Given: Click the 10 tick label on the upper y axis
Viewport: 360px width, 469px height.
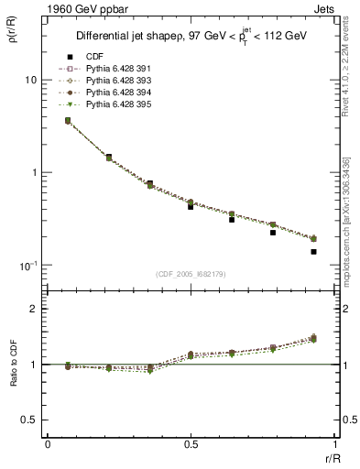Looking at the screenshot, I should coord(30,80).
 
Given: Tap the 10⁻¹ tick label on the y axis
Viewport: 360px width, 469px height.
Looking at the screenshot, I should coord(27,266).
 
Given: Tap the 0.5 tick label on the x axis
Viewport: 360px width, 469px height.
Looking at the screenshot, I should coord(190,442).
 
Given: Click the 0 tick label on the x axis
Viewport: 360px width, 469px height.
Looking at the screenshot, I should coord(47,442).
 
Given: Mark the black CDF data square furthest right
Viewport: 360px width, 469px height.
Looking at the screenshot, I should coord(313,251).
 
